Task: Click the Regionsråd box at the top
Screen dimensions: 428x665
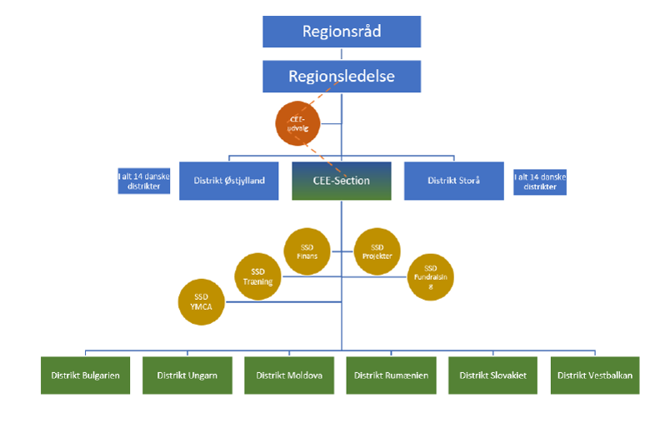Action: tap(342, 32)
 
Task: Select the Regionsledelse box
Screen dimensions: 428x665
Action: tap(342, 76)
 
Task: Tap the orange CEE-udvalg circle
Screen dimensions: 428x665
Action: tap(297, 123)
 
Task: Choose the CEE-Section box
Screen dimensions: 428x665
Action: tap(342, 181)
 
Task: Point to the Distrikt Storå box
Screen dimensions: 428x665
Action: tap(453, 181)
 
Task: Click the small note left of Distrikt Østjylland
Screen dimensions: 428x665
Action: tap(144, 182)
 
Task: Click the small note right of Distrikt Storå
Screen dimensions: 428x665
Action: tap(540, 182)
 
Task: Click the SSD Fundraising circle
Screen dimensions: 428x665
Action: tap(431, 276)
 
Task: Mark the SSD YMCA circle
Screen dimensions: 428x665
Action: tap(202, 301)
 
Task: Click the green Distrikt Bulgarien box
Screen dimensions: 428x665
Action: tap(81, 376)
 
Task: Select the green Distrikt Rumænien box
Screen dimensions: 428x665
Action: tap(391, 376)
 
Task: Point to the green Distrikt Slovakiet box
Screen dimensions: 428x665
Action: tap(492, 376)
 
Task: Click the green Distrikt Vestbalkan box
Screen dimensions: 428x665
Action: tap(595, 376)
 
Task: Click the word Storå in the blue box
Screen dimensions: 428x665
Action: tap(472, 181)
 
